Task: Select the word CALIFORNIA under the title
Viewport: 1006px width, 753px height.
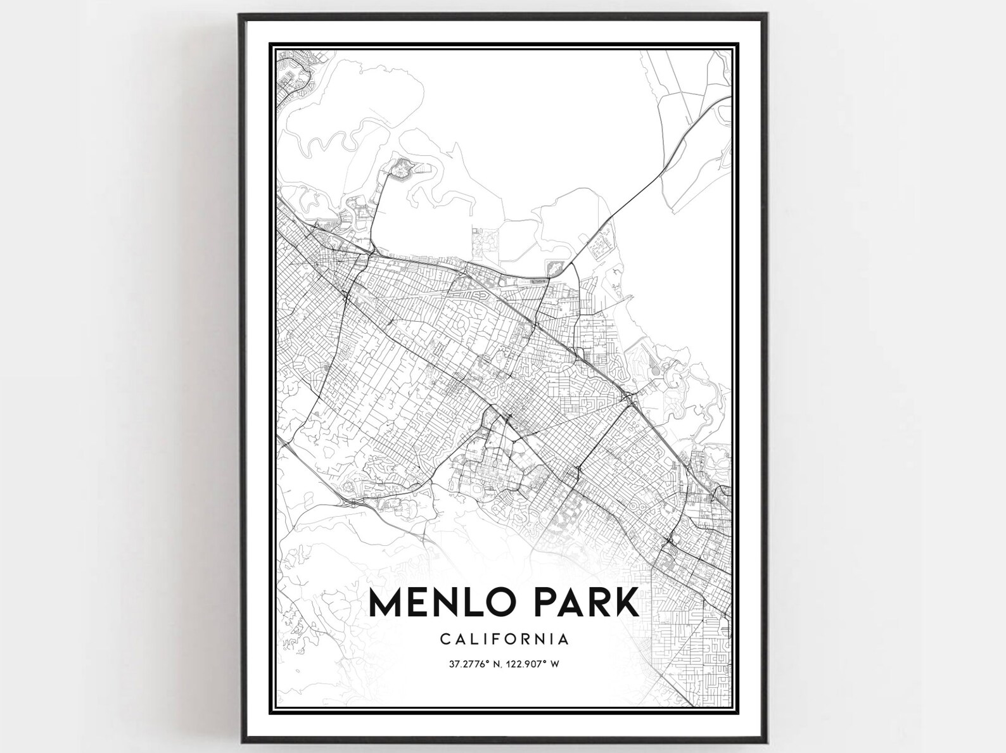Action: pyautogui.click(x=504, y=639)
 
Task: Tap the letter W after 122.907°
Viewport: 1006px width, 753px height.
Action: pyautogui.click(x=559, y=664)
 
